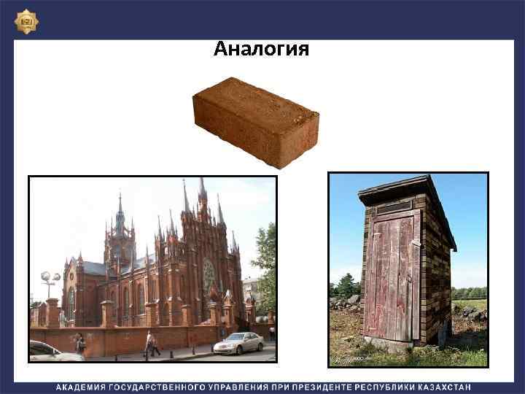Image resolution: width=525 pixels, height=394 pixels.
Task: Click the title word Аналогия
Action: (261, 50)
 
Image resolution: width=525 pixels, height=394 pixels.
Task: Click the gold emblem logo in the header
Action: (27, 21)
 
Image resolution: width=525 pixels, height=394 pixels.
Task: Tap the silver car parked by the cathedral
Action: (239, 343)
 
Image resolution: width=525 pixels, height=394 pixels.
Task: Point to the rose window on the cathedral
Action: (210, 276)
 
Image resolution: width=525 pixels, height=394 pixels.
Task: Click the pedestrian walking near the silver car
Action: (151, 342)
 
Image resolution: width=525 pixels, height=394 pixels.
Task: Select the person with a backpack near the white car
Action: (80, 342)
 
